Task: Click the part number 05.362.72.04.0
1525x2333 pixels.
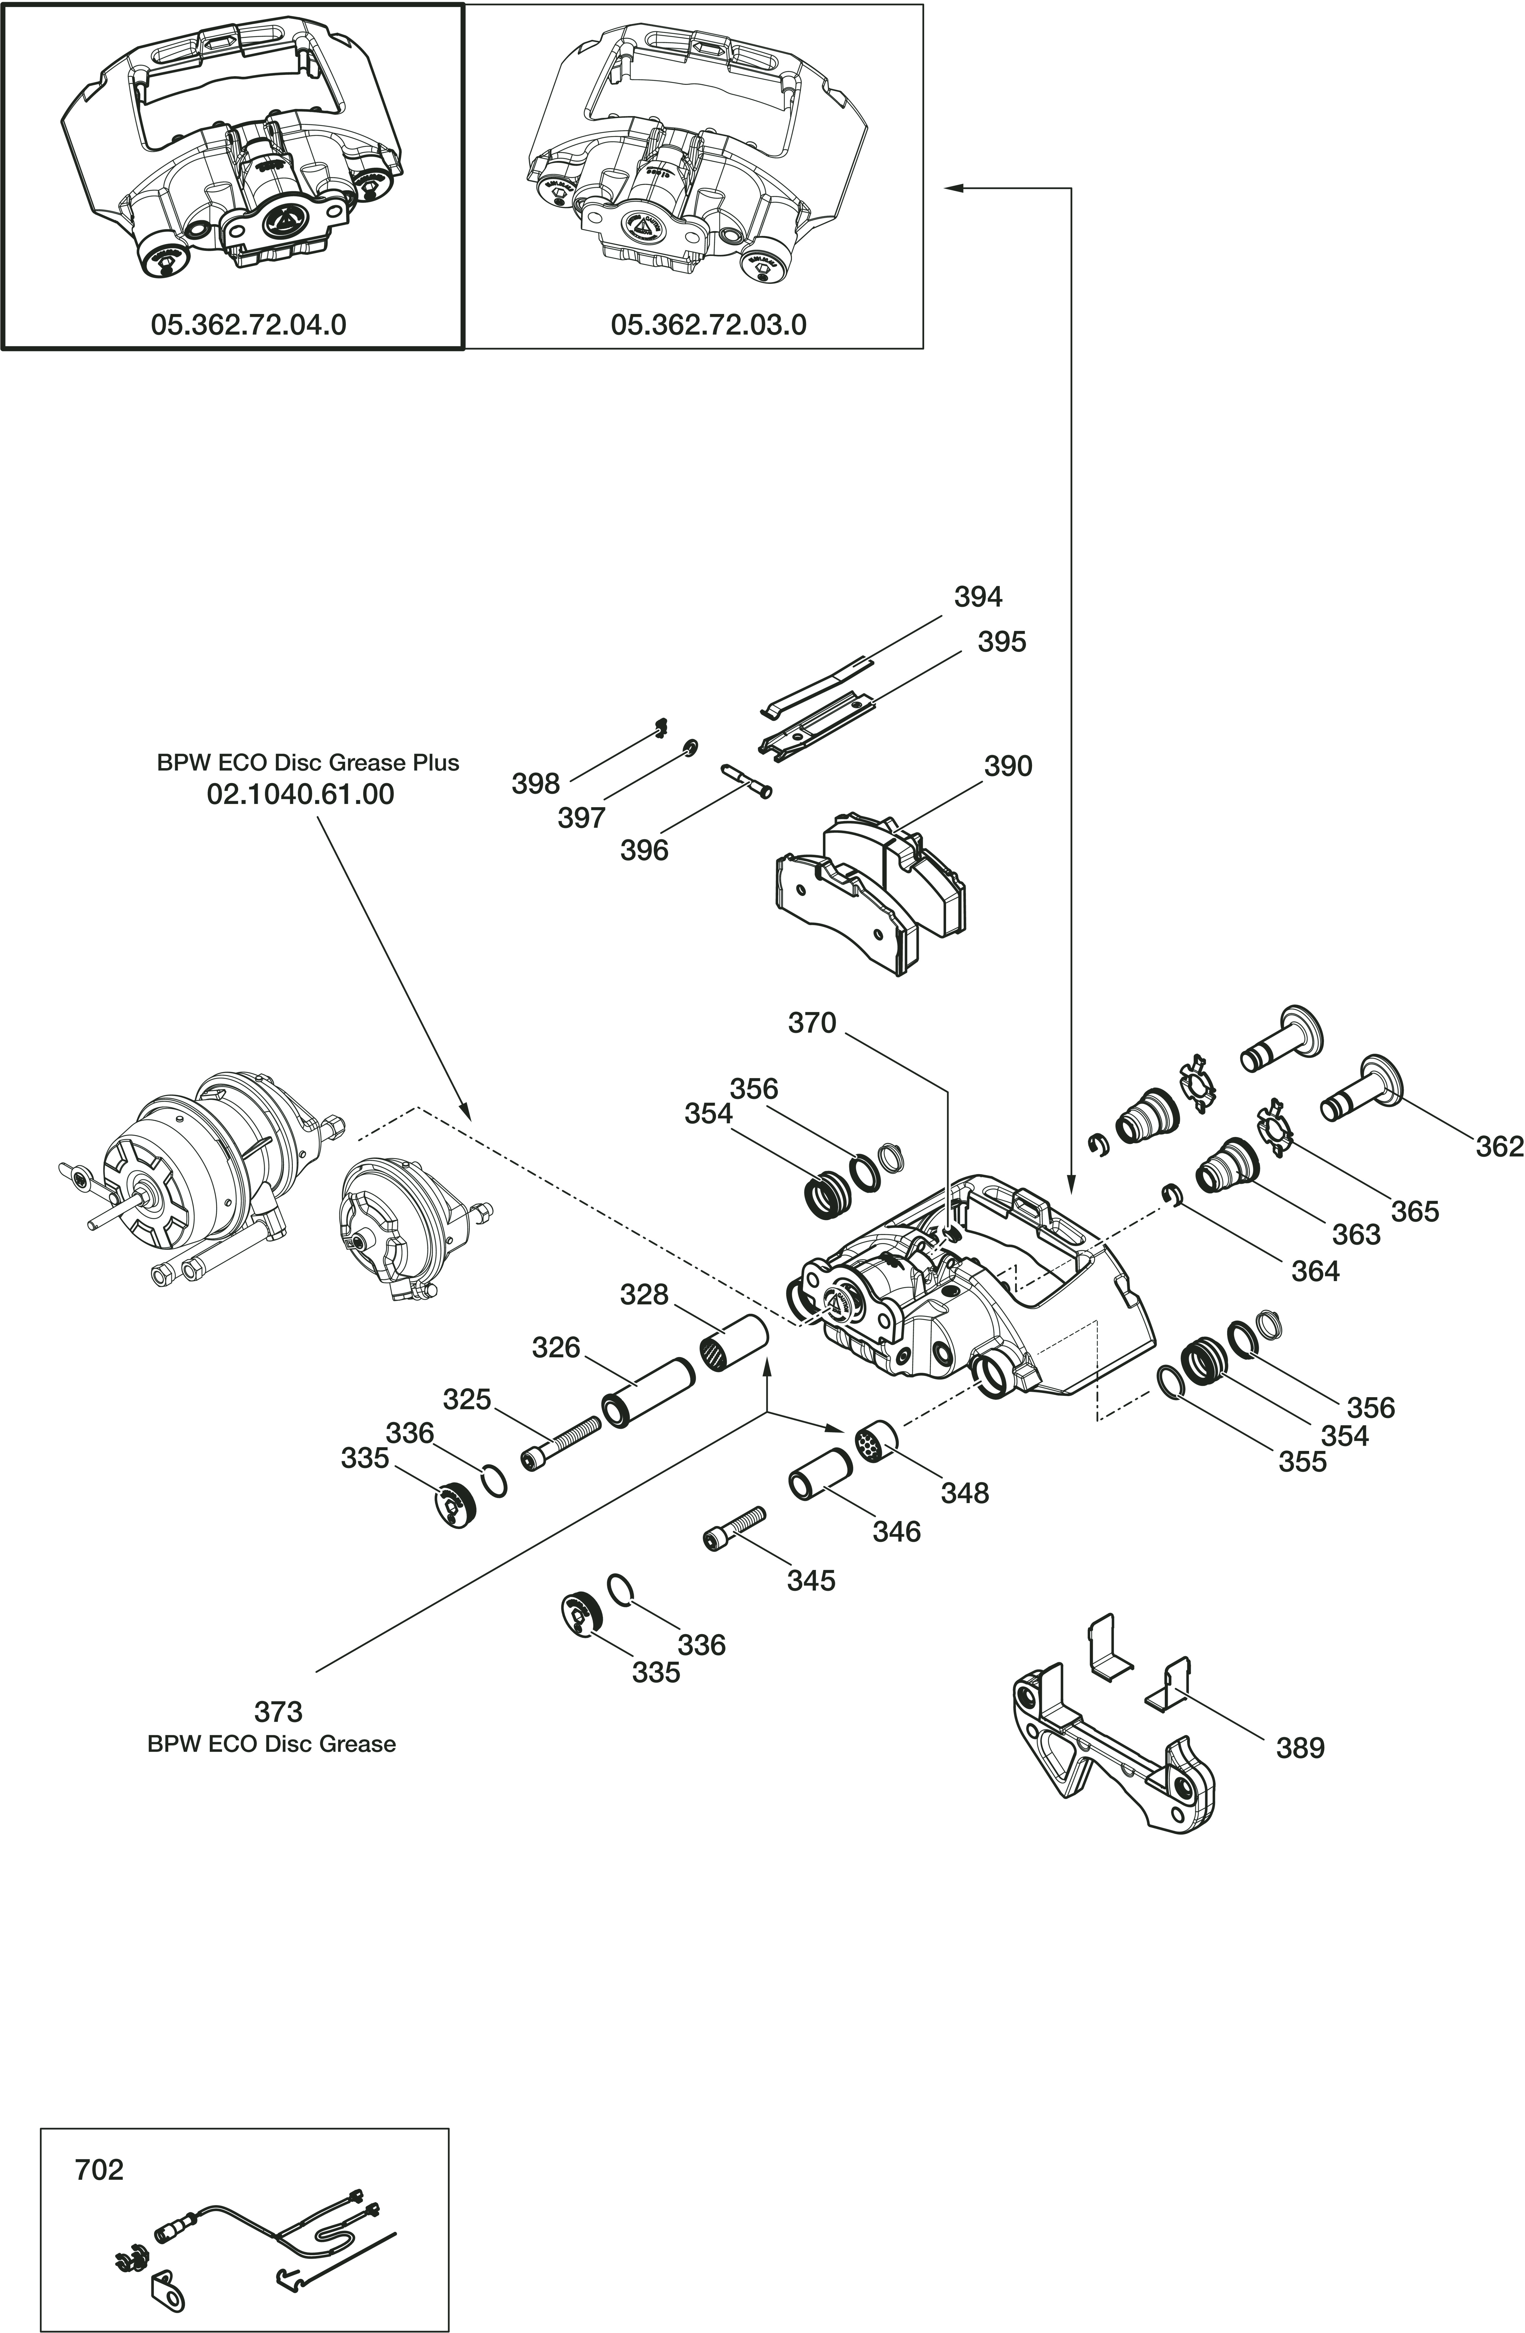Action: [248, 324]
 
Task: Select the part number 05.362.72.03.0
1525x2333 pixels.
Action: [708, 324]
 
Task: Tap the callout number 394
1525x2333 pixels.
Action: [978, 597]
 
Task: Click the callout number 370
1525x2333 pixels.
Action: [812, 1023]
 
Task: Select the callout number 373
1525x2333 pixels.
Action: [279, 1711]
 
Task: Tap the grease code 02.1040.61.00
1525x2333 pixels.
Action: [300, 794]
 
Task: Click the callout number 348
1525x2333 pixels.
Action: [965, 1493]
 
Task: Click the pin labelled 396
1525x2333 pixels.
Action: [746, 781]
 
